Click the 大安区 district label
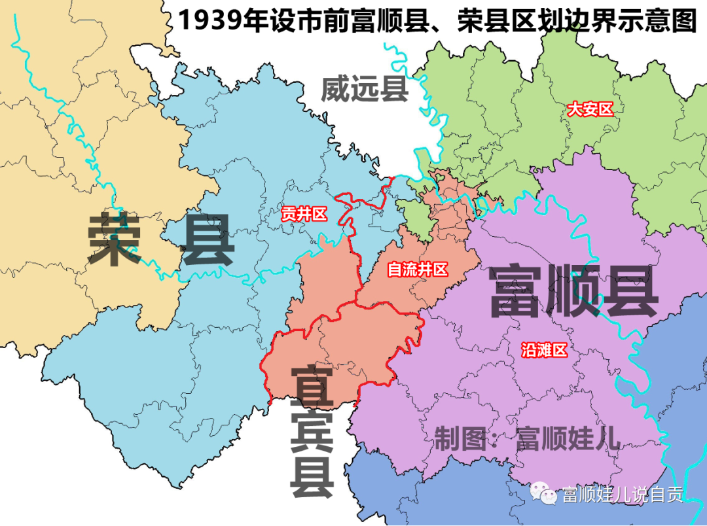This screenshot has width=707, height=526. tap(590, 109)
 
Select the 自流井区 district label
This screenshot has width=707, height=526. tap(418, 269)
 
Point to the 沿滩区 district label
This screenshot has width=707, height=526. tap(544, 350)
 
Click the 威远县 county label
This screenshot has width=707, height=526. tap(365, 89)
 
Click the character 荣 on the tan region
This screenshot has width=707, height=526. tap(115, 239)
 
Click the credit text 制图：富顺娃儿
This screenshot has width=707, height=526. tap(527, 438)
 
